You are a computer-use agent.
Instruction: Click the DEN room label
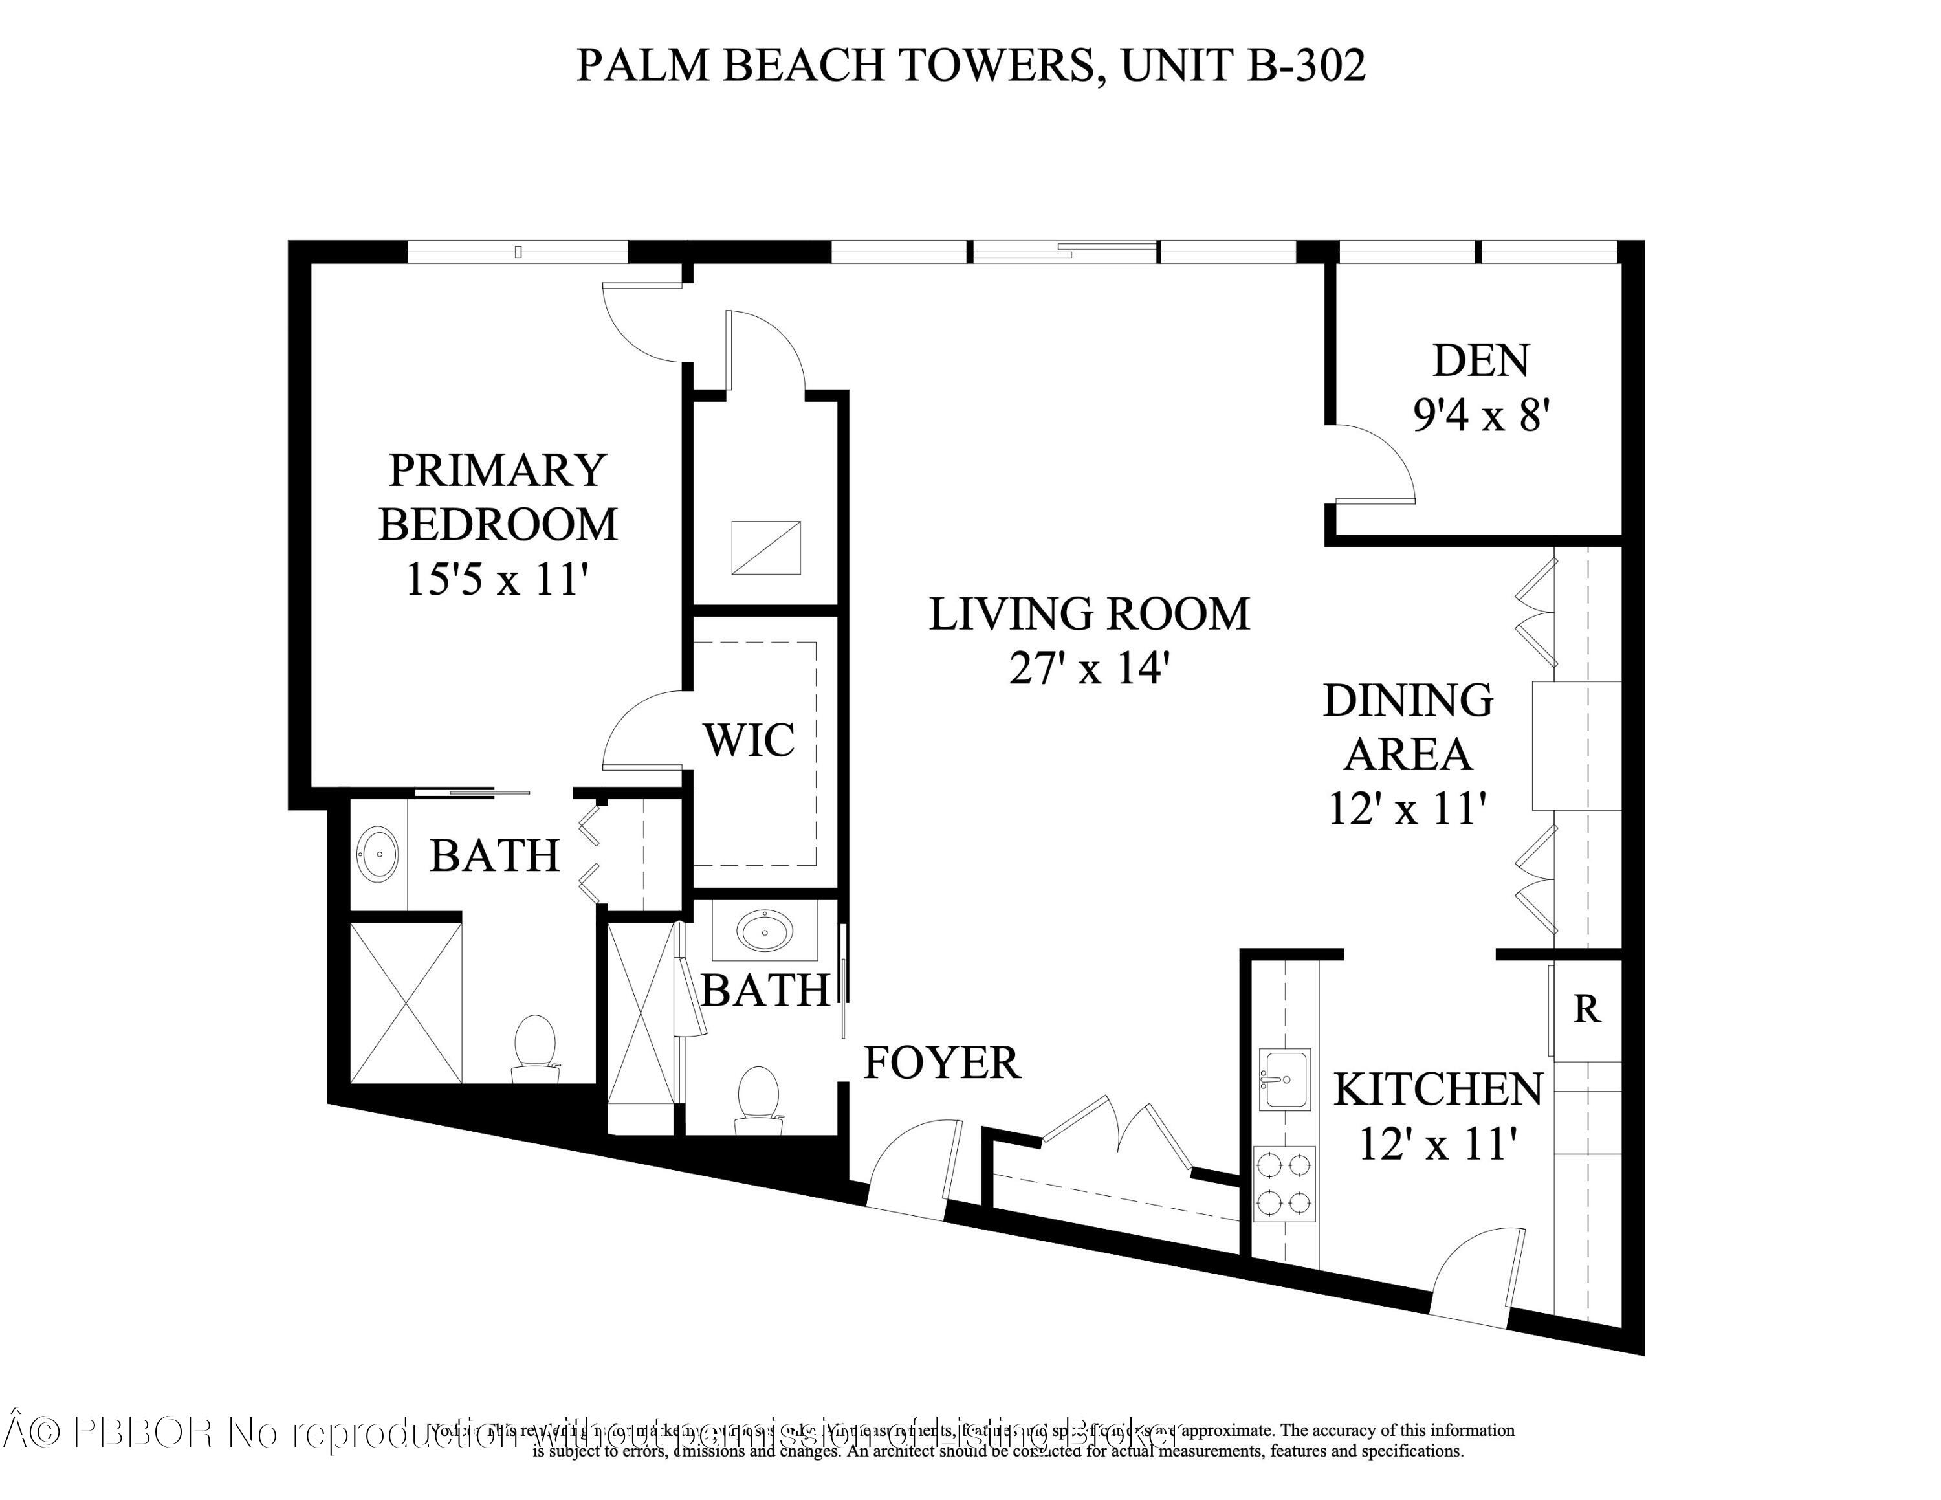[x=1480, y=360]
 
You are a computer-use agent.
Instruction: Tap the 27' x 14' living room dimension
[x=1088, y=668]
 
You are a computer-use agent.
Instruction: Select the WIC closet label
[x=749, y=740]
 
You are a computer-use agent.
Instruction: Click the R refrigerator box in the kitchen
[x=1587, y=1009]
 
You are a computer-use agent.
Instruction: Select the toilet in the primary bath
[x=535, y=1048]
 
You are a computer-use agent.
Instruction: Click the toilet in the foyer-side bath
[x=758, y=1099]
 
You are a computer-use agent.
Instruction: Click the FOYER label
[x=942, y=1063]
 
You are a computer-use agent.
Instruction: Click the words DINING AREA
[x=1408, y=727]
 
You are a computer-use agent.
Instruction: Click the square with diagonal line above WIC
[x=765, y=547]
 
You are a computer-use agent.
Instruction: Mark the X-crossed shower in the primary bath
[x=406, y=1003]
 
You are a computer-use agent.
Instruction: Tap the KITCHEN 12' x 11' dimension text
[x=1437, y=1143]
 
